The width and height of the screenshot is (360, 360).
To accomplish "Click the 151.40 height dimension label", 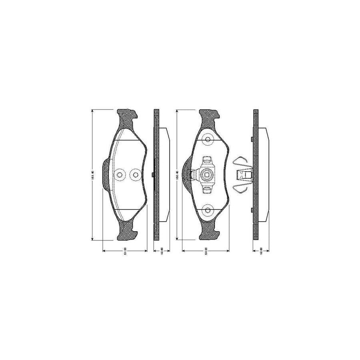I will (92, 175).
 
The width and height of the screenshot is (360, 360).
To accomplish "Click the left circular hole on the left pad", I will (119, 175).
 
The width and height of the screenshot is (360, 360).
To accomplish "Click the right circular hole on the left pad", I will (135, 175).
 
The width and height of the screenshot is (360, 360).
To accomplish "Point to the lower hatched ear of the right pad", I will (209, 232).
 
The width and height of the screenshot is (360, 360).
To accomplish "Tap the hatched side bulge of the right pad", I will (187, 175).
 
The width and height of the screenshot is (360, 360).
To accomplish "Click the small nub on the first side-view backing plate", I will (154, 174).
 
